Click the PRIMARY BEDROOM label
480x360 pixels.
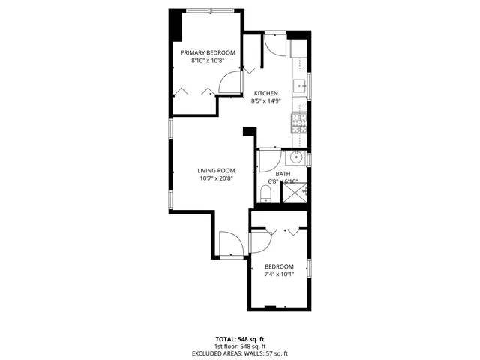(208, 52)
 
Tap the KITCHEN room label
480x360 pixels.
(265, 93)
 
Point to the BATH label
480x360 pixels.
(283, 174)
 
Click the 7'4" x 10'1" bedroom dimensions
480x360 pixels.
(279, 274)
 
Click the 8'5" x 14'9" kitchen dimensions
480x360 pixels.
(265, 101)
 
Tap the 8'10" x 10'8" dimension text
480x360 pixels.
(208, 61)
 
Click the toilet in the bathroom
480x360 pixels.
(265, 195)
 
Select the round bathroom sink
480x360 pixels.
(295, 157)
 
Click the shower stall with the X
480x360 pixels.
(295, 193)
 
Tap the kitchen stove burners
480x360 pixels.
(298, 123)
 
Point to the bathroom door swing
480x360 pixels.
(268, 161)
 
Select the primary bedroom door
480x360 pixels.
(231, 83)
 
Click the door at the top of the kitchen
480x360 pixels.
(274, 46)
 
